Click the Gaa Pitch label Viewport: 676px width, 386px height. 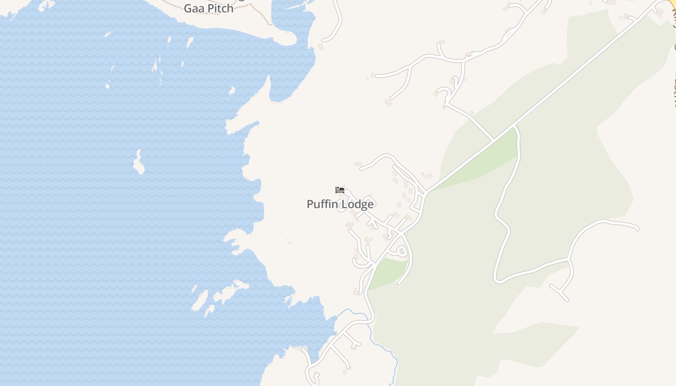[x=209, y=8]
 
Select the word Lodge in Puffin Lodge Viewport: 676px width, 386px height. [x=357, y=204]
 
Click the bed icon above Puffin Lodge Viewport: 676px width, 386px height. [x=340, y=190]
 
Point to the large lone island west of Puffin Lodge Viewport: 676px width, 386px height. [x=139, y=163]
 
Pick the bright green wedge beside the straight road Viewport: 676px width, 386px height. [x=478, y=164]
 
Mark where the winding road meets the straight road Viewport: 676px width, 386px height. [x=515, y=126]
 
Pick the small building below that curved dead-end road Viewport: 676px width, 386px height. [x=321, y=47]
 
